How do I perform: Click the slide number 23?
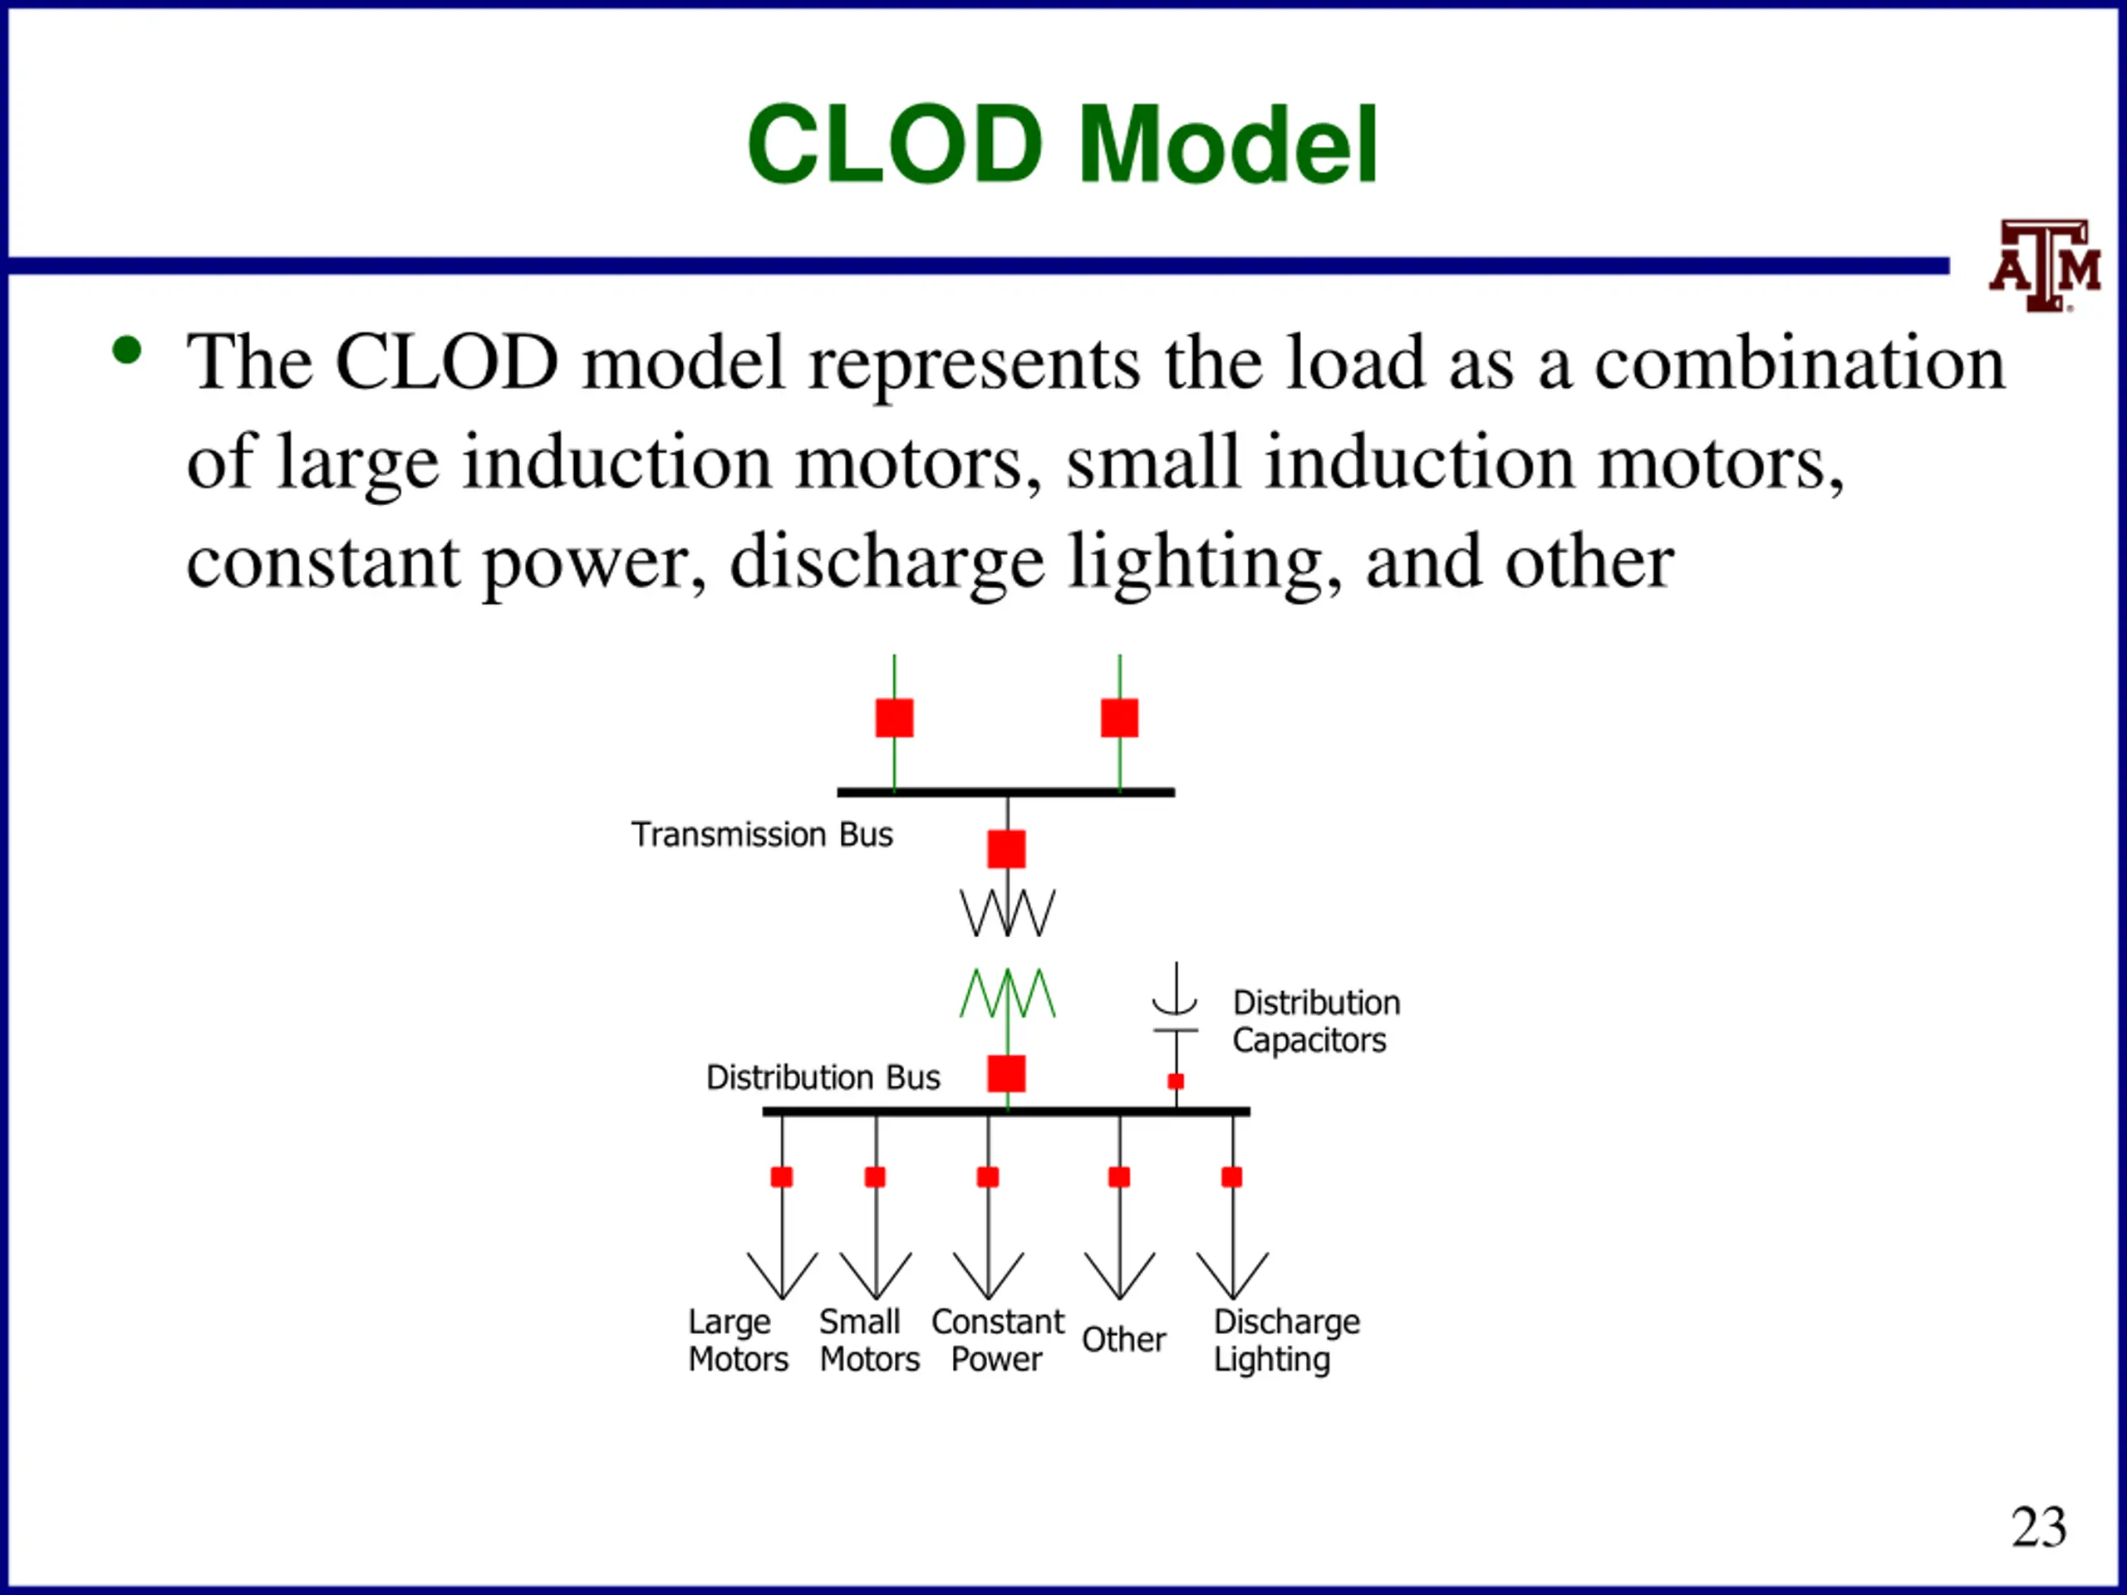point(2039,1526)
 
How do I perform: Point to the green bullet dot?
point(127,350)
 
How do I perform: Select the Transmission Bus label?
point(762,835)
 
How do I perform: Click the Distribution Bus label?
point(823,1077)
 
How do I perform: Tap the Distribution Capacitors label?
point(1316,1021)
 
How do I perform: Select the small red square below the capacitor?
point(1175,1082)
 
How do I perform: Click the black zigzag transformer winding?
point(1007,911)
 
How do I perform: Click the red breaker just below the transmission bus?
point(1007,849)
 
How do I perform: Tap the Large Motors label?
point(739,1340)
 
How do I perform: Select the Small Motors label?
point(869,1340)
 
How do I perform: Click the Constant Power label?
point(998,1340)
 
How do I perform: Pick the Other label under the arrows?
point(1123,1339)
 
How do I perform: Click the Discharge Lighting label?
point(1286,1340)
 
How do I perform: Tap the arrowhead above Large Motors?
point(782,1277)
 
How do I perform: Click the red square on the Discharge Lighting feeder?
point(1232,1177)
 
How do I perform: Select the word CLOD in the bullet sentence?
point(446,362)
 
